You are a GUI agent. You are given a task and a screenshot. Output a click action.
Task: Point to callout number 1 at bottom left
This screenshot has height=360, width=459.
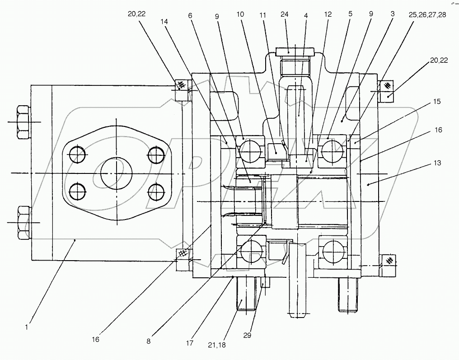pyautogui.click(x=27, y=327)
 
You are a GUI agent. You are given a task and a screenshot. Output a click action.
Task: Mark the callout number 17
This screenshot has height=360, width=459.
pyautogui.click(x=189, y=343)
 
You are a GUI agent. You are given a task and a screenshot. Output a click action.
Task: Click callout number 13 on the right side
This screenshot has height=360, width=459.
pyautogui.click(x=436, y=163)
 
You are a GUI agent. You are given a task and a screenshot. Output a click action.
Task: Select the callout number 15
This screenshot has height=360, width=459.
pyautogui.click(x=436, y=103)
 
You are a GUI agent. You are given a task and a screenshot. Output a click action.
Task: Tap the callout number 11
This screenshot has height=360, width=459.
pyautogui.click(x=263, y=14)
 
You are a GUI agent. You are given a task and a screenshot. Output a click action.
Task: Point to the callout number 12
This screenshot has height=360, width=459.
pyautogui.click(x=328, y=14)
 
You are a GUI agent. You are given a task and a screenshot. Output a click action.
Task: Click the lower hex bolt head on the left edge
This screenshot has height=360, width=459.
pyautogui.click(x=23, y=223)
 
